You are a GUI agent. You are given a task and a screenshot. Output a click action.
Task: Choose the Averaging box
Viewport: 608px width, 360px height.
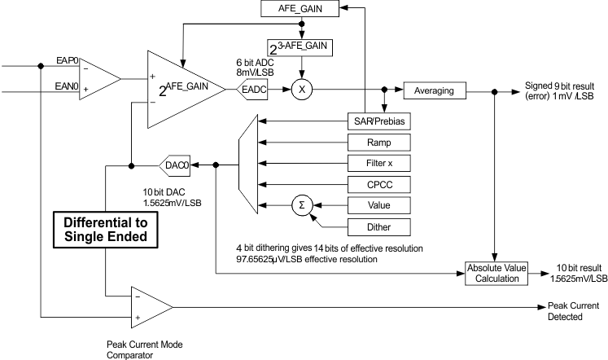(x=435, y=90)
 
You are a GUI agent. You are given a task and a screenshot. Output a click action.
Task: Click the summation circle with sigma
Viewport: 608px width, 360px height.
(x=303, y=204)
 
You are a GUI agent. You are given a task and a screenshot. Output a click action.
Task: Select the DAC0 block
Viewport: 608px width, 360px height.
(x=177, y=164)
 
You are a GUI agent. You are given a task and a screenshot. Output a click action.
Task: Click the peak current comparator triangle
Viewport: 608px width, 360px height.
(x=151, y=306)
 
